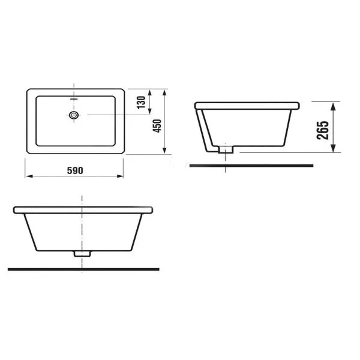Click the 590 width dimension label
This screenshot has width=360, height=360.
75,170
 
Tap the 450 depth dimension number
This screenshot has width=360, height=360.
157,126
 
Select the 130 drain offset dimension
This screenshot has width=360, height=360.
141,103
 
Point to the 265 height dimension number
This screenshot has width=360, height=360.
323,130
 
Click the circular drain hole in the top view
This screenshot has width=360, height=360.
74,115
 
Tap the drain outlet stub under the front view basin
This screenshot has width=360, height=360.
82,254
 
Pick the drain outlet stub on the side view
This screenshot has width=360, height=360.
226,149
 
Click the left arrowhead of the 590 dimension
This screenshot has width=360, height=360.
29,176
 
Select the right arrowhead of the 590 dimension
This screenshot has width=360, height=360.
120,176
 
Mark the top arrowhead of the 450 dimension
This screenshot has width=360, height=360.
164,93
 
